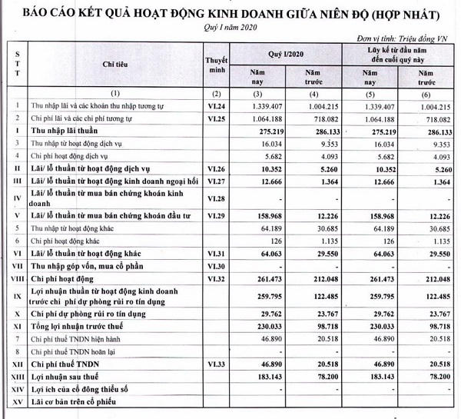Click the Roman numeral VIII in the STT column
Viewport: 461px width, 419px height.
click(15, 278)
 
